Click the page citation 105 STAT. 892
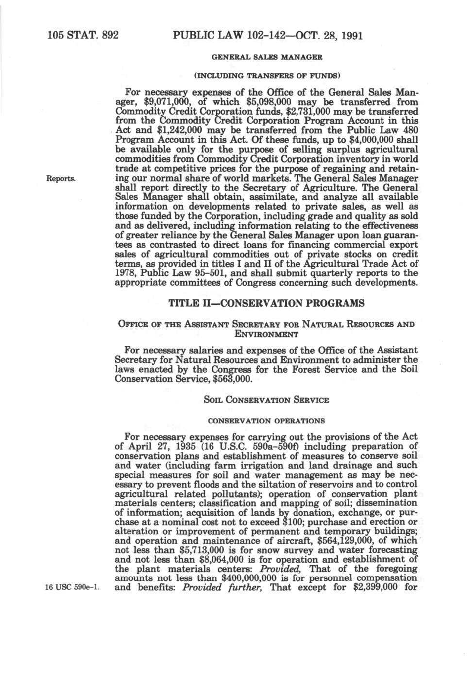click(x=83, y=35)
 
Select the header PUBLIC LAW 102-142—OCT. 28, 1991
click(x=268, y=36)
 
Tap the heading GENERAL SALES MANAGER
click(x=267, y=57)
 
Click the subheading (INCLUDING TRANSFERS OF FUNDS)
click(x=267, y=76)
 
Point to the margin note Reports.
click(x=61, y=178)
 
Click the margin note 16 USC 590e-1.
click(x=72, y=588)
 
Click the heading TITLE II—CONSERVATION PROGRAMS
click(x=266, y=303)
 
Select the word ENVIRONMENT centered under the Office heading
click(x=266, y=335)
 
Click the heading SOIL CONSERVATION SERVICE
click(x=266, y=400)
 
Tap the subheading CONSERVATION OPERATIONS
click(x=266, y=421)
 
